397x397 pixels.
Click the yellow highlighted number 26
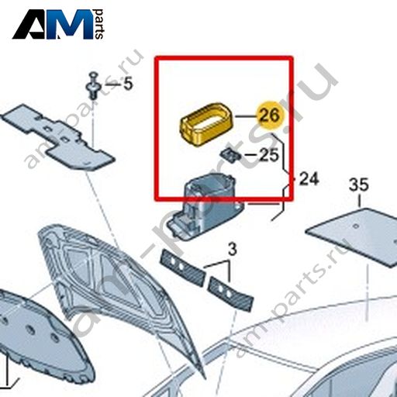pyautogui.click(x=269, y=116)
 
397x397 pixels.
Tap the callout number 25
pyautogui.click(x=269, y=155)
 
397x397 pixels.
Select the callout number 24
pyautogui.click(x=309, y=179)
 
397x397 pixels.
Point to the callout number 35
pyautogui.click(x=359, y=185)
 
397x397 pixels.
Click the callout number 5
pyautogui.click(x=128, y=84)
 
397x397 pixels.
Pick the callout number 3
pyautogui.click(x=233, y=250)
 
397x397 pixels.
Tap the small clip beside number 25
pyautogui.click(x=230, y=155)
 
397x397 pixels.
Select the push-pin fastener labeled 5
pyautogui.click(x=92, y=86)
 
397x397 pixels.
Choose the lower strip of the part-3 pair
pyautogui.click(x=231, y=294)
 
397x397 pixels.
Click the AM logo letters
pyautogui.click(x=53, y=25)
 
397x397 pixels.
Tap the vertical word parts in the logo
pyautogui.click(x=98, y=24)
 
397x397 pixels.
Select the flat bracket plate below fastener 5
pyautogui.click(x=58, y=137)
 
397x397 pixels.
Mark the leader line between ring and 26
pyautogui.click(x=246, y=116)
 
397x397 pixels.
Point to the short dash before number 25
pyautogui.click(x=250, y=155)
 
